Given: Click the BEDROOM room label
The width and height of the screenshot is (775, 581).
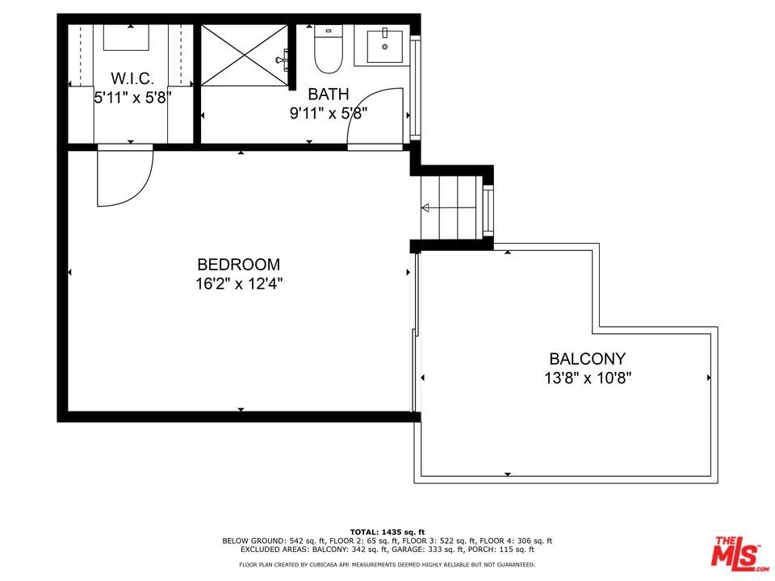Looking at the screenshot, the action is [x=238, y=265].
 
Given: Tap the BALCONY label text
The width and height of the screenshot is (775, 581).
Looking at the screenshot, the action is [x=587, y=358].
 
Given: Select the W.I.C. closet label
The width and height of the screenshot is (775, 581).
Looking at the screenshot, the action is [x=132, y=78].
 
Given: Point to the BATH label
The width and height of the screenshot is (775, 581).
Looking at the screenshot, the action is [x=329, y=94].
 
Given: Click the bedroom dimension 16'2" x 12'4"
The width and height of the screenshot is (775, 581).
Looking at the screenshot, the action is [x=239, y=284].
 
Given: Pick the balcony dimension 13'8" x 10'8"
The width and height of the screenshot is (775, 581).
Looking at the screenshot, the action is [x=588, y=378].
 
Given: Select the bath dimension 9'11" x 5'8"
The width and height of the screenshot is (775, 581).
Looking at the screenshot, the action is [x=329, y=114].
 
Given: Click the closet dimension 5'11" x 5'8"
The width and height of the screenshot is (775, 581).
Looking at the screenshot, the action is [x=132, y=98].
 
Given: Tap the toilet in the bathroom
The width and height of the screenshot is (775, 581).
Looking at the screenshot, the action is [x=329, y=49].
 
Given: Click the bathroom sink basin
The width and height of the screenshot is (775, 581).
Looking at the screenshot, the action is [x=384, y=47].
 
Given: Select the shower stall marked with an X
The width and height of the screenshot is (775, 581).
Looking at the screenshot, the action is [x=244, y=55].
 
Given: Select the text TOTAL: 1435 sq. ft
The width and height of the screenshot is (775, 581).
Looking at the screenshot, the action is [x=387, y=532].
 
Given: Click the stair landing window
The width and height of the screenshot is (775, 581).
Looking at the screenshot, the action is [x=488, y=208].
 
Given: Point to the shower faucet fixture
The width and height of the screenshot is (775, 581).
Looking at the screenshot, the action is [x=283, y=60].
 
